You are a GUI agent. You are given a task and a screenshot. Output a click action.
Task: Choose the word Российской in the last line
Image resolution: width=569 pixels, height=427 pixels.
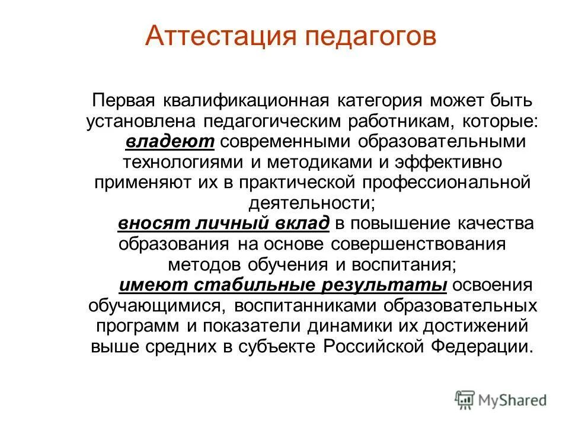[379, 347]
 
